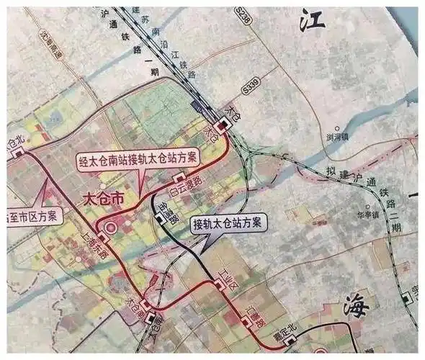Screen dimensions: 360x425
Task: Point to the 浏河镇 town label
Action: [337, 136]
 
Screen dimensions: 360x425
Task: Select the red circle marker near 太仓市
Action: [110, 229]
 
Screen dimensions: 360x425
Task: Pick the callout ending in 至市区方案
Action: [32, 215]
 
